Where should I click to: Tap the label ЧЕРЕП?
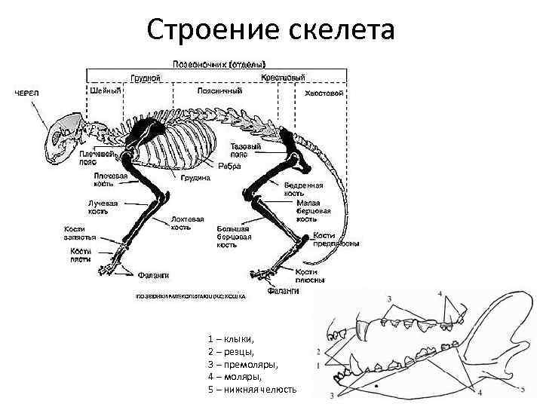[x=28, y=93]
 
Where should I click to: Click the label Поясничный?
[x=219, y=92]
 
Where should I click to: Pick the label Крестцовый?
[x=284, y=78]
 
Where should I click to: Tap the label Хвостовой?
[x=324, y=93]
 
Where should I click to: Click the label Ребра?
[x=230, y=166]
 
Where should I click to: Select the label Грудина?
[x=195, y=178]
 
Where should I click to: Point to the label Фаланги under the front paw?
[x=152, y=274]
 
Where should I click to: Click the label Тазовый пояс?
[x=247, y=150]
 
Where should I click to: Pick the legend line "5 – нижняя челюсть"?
[x=252, y=390]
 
